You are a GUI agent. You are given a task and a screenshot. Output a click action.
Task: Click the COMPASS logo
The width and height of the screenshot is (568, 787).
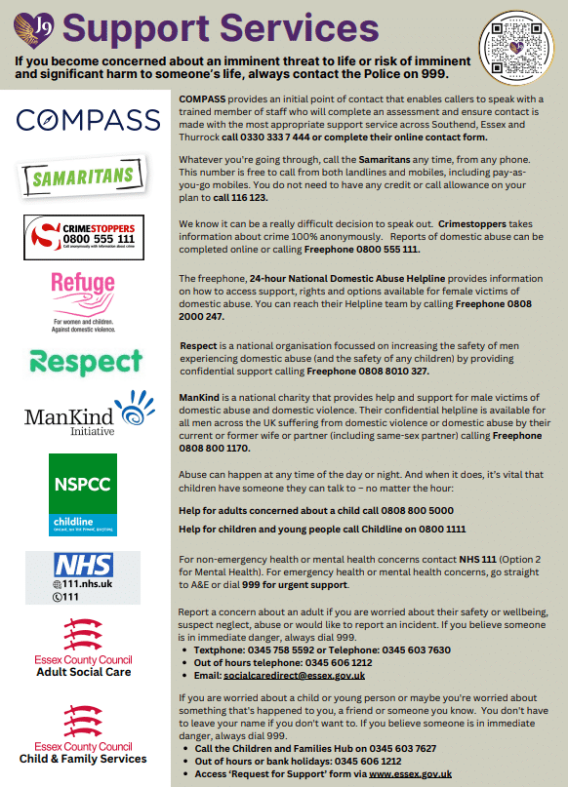83,121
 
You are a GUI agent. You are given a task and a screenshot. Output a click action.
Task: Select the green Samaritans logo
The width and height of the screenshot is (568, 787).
82,177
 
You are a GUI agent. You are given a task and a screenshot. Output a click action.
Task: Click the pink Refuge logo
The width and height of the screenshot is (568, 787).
82,298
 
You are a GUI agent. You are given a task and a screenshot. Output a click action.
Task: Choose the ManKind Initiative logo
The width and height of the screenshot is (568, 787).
83,417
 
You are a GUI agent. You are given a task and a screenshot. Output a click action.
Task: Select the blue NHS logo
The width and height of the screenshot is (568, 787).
82,576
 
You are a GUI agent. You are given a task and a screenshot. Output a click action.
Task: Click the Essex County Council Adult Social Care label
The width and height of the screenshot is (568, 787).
83,672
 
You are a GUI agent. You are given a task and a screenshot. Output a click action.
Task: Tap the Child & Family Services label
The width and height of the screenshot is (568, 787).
83,758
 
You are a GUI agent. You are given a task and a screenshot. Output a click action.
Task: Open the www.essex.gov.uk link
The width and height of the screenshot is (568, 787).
410,773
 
